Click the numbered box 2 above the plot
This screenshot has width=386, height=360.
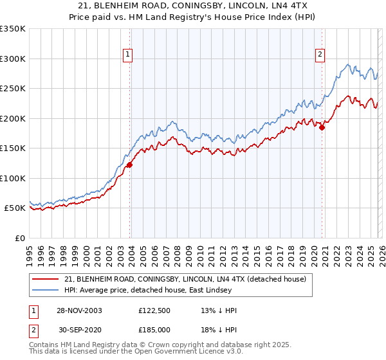pyautogui.click(x=320, y=55)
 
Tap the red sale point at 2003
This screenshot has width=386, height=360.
pyautogui.click(x=129, y=165)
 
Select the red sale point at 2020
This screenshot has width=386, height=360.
pyautogui.click(x=322, y=127)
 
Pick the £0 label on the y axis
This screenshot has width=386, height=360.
pyautogui.click(x=21, y=238)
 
